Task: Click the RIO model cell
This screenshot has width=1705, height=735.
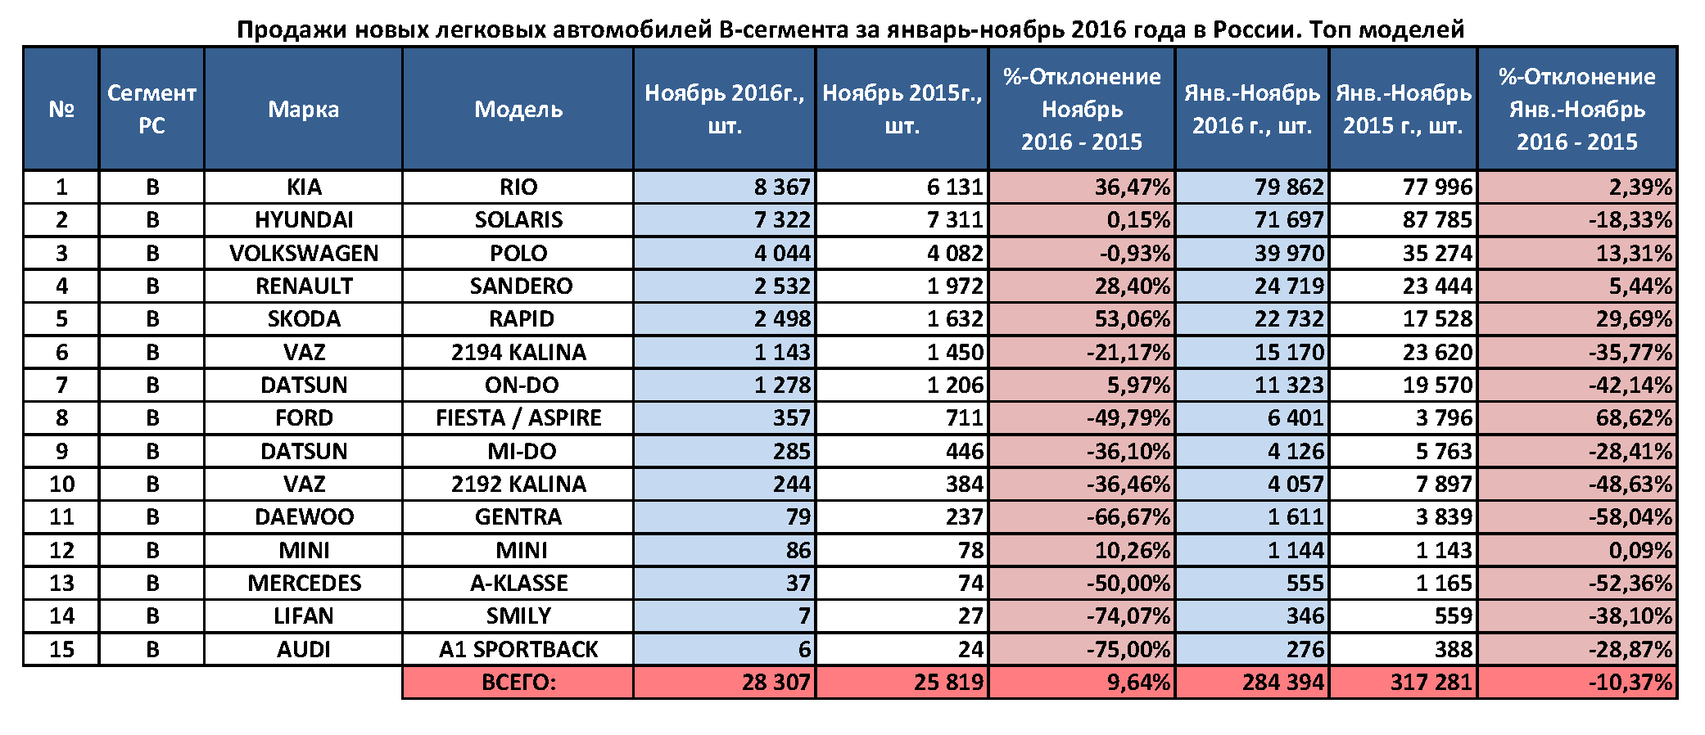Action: pyautogui.click(x=518, y=187)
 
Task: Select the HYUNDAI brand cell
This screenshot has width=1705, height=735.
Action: pyautogui.click(x=304, y=220)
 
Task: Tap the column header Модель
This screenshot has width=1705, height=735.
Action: pyautogui.click(x=518, y=109)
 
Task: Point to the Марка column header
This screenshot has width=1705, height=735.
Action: pyautogui.click(x=303, y=109)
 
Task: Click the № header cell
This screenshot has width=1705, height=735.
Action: pyautogui.click(x=61, y=109)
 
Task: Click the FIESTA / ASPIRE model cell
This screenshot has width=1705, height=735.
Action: pyautogui.click(x=518, y=418)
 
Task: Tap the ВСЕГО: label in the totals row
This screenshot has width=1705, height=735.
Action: pyautogui.click(x=518, y=683)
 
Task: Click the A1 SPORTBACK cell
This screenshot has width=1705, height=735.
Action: pyautogui.click(x=518, y=650)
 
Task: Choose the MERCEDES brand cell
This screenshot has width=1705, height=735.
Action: pyautogui.click(x=304, y=584)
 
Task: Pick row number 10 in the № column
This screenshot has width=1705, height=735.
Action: pyautogui.click(x=61, y=485)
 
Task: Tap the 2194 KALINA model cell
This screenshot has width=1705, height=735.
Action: pyautogui.click(x=518, y=353)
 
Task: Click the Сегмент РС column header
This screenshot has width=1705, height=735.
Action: pyautogui.click(x=152, y=109)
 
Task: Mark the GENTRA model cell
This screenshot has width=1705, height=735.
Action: pyautogui.click(x=518, y=517)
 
